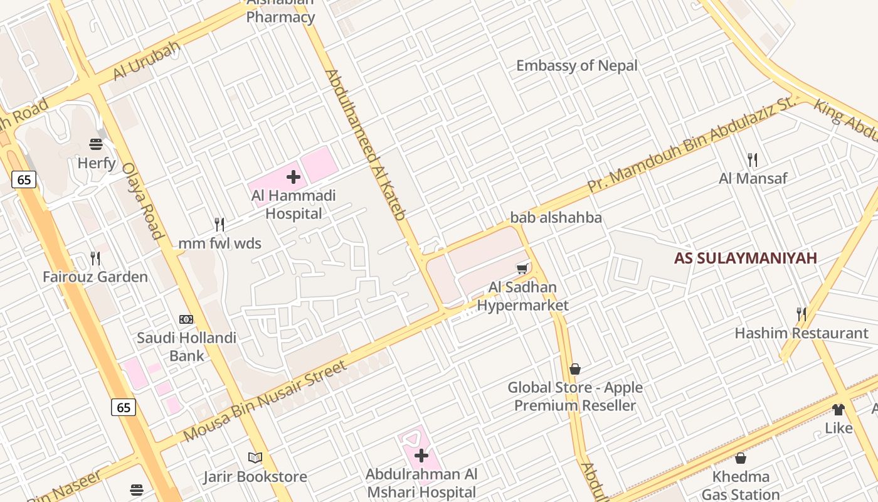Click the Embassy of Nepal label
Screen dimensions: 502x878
[x=576, y=66]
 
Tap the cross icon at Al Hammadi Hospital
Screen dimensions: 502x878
[x=294, y=177]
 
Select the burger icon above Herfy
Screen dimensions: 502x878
[x=96, y=144]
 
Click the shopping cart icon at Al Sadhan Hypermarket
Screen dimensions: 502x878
[x=522, y=269]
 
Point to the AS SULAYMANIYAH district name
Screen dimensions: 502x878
[x=746, y=258]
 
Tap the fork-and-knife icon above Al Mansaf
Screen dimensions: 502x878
[x=753, y=160]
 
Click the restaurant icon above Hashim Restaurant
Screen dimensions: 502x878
[x=801, y=314]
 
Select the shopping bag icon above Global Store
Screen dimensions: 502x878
[x=575, y=369]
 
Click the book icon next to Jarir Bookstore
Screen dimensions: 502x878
[x=255, y=457]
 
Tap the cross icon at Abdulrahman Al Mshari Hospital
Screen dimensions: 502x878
[x=421, y=456]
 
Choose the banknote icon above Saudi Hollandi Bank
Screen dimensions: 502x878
[x=186, y=319]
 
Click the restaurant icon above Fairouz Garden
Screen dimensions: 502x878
[x=95, y=258]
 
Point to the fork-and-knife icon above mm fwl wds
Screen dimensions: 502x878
[x=219, y=224]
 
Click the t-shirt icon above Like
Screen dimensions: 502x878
[x=838, y=410]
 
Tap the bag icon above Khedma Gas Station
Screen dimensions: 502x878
[x=741, y=458]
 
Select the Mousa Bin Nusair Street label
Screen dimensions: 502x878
[x=265, y=401]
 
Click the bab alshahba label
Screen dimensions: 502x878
[x=556, y=218]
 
